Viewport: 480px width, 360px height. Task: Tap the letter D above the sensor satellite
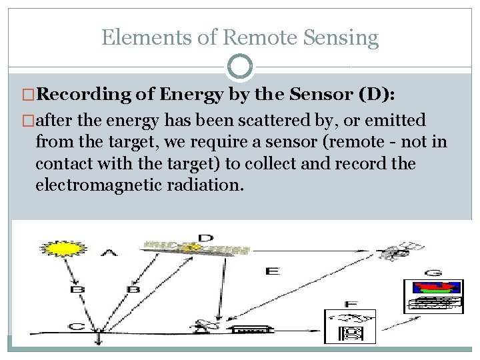(x=206, y=238)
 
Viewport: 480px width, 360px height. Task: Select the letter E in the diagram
(x=272, y=271)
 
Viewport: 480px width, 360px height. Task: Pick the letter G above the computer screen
(x=433, y=272)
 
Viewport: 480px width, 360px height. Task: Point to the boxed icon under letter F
(x=350, y=327)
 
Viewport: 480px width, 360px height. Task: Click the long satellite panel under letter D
(x=197, y=249)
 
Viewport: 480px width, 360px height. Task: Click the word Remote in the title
(x=259, y=37)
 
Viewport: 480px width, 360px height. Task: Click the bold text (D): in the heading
(x=377, y=94)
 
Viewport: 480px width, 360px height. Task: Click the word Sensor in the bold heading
(x=314, y=94)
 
